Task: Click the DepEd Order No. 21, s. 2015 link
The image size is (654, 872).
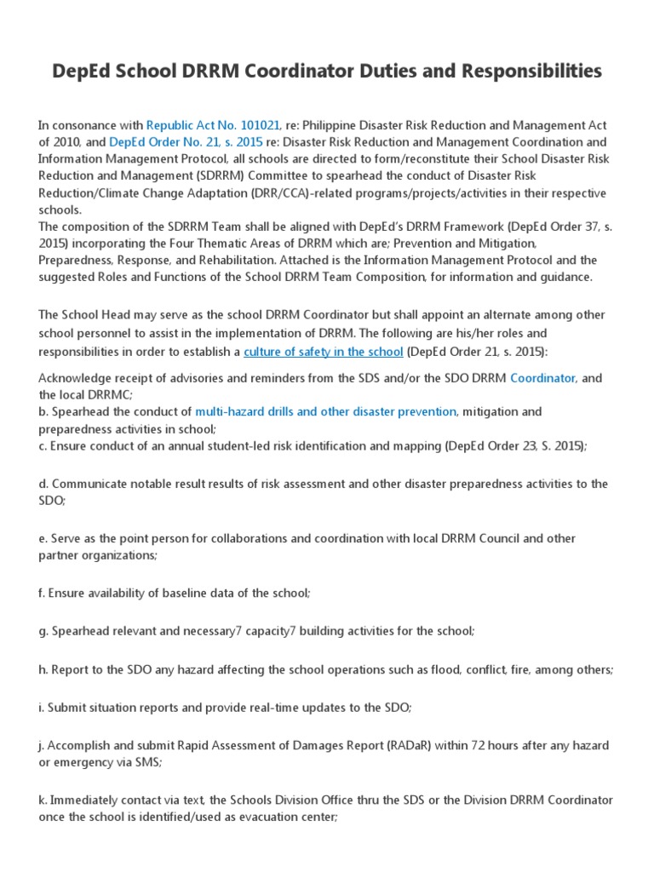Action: (x=175, y=142)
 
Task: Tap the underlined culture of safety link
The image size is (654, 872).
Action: (x=324, y=351)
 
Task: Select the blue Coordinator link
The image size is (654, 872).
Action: (x=543, y=377)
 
